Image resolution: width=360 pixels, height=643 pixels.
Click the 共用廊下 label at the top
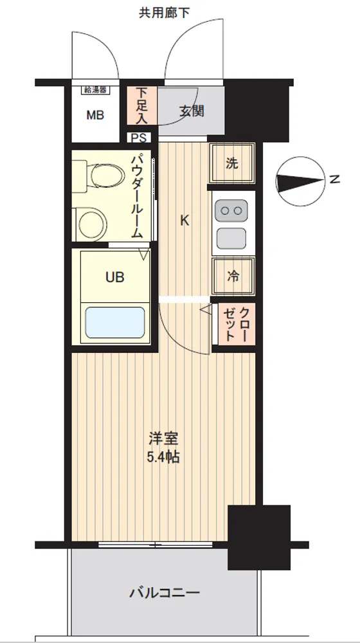(x=164, y=13)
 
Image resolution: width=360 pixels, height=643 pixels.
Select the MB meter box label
(x=95, y=115)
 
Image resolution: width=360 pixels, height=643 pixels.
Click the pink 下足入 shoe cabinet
(x=141, y=105)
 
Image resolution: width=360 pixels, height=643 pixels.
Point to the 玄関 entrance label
(x=192, y=111)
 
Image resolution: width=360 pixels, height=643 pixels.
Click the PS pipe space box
(x=139, y=138)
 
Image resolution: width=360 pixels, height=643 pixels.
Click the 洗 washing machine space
(x=232, y=163)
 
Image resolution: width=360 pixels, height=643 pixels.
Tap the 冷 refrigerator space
(x=233, y=276)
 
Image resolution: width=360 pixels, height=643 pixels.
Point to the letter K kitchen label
(x=185, y=221)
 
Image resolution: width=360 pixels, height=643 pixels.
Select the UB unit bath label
(x=115, y=278)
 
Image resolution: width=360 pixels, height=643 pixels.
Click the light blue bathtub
(x=115, y=322)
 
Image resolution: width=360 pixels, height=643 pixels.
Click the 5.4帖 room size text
(x=163, y=457)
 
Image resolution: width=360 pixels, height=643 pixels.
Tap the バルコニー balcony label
(x=165, y=593)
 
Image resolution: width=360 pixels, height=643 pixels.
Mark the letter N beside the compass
(x=335, y=179)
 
